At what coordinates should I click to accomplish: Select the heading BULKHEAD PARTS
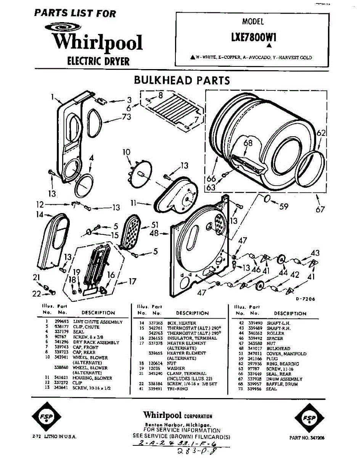tap(182, 81)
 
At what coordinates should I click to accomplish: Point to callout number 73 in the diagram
tap(127, 117)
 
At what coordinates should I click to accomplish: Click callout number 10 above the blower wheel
tap(127, 152)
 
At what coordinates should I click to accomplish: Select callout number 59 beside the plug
tap(283, 207)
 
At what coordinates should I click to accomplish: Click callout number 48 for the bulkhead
tap(154, 233)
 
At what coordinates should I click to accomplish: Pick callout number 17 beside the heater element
tap(132, 282)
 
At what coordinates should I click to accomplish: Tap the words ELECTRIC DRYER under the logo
tap(98, 61)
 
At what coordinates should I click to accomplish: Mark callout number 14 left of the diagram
tap(40, 214)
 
